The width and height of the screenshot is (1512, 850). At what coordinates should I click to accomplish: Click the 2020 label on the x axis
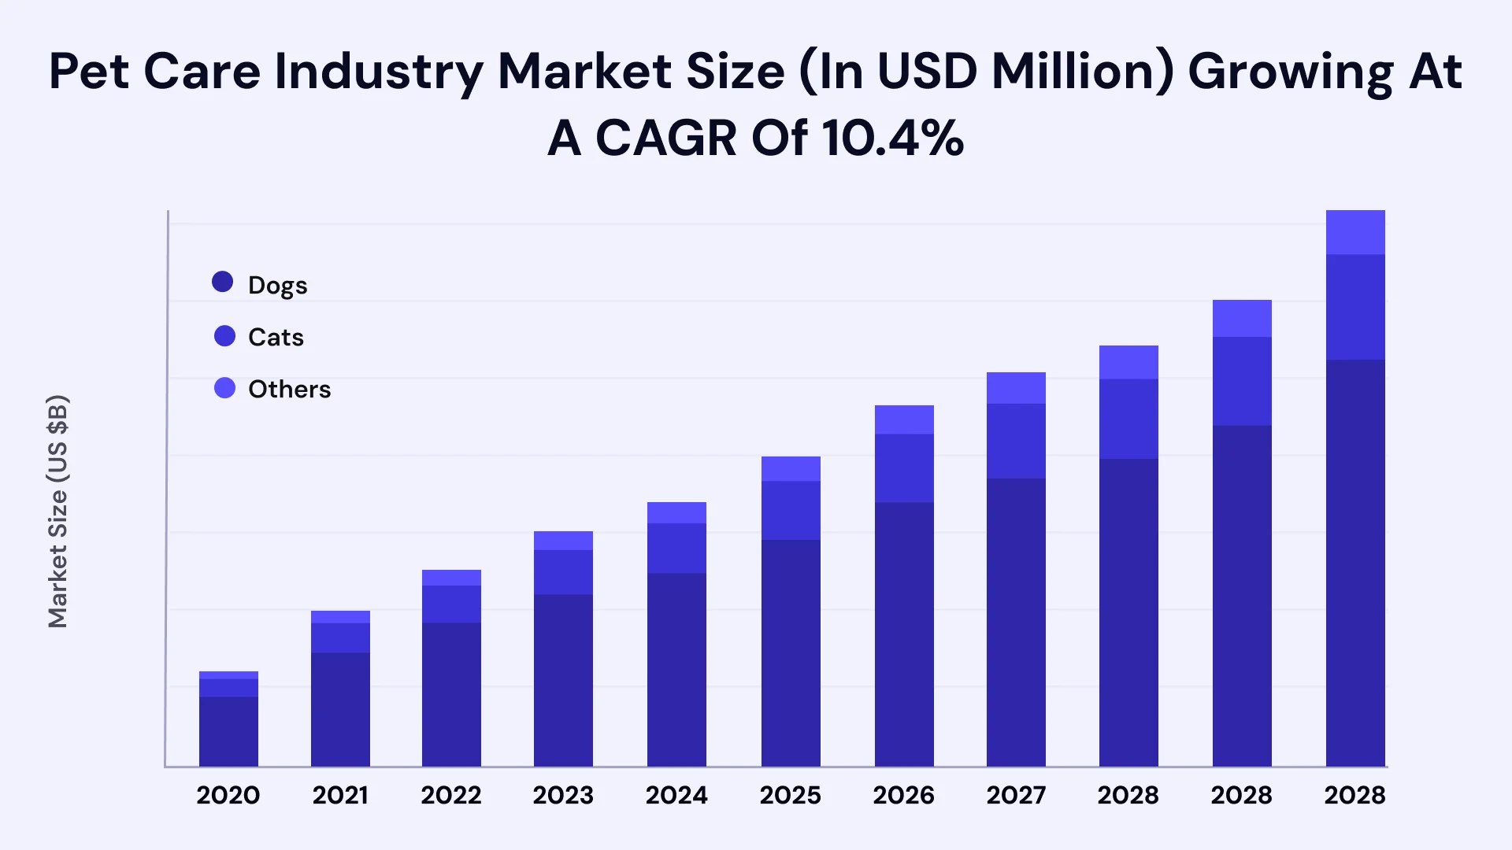228,796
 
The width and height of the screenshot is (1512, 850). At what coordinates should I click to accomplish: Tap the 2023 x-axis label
563,796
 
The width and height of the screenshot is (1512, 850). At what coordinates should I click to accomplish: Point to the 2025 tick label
791,796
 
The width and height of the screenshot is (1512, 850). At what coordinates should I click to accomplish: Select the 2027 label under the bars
1016,796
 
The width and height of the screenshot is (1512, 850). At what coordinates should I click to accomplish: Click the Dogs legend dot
223,282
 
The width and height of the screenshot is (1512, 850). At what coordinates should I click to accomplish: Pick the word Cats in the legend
276,337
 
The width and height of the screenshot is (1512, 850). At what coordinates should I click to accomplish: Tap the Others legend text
290,389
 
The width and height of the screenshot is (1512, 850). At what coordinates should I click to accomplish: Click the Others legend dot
225,388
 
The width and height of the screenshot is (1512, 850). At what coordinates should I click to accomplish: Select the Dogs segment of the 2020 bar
228,732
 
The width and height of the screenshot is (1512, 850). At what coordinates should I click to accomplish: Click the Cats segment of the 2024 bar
676,549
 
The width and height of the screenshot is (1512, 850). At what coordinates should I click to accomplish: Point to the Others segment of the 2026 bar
904,420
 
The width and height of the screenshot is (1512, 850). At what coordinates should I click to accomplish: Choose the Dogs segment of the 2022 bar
451,695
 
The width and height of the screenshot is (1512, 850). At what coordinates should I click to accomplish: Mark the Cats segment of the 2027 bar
1016,442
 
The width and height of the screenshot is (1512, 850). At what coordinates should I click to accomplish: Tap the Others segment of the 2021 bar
340,617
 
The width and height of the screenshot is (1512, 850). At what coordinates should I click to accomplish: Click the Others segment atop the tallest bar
1355,232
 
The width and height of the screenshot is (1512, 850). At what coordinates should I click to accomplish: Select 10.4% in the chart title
893,139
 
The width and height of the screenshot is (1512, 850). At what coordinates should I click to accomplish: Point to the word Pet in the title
89,72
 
